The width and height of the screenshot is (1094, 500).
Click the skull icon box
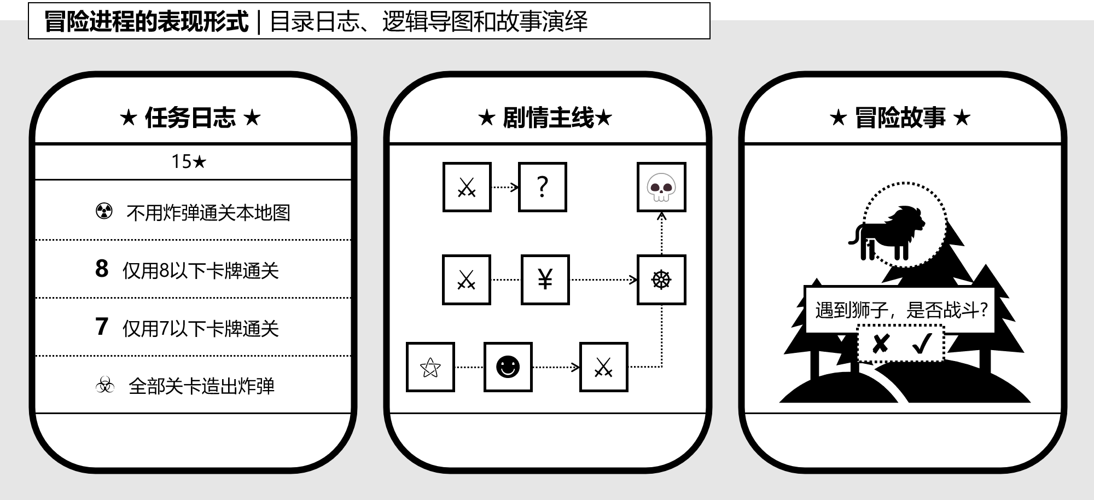click(x=661, y=187)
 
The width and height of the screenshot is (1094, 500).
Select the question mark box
click(x=542, y=187)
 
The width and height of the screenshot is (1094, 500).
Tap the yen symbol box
click(x=545, y=280)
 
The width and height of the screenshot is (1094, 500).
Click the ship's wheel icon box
click(x=661, y=280)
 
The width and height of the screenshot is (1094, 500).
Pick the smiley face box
click(x=508, y=367)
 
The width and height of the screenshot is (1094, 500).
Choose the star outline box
click(x=430, y=367)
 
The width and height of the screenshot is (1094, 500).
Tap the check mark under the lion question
click(x=922, y=344)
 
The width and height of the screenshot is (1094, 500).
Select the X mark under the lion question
click(x=880, y=344)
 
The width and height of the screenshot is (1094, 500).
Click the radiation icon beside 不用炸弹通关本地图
click(x=104, y=211)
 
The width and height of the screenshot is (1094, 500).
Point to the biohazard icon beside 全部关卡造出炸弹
click(x=104, y=385)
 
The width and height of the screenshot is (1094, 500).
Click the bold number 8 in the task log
click(x=102, y=269)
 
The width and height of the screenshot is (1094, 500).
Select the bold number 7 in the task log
click(x=102, y=327)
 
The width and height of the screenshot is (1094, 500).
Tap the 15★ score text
click(x=189, y=162)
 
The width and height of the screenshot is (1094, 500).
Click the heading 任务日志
click(x=190, y=118)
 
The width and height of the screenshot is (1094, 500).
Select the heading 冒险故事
click(x=900, y=118)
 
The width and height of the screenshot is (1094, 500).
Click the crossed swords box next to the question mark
click(x=467, y=187)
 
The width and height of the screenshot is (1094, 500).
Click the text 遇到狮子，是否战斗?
click(x=900, y=310)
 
